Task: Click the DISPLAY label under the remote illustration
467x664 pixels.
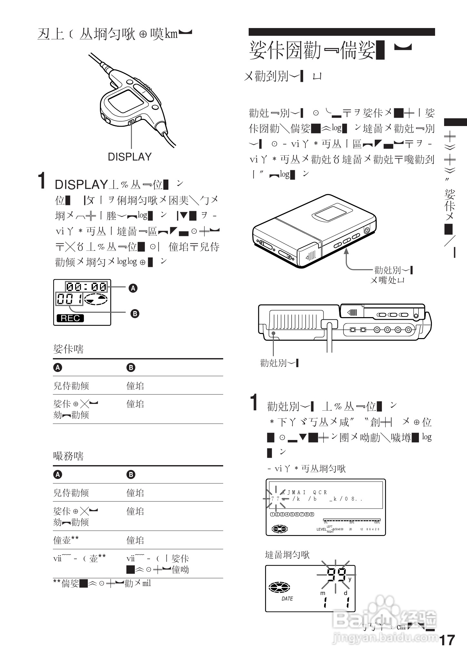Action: pos(129,157)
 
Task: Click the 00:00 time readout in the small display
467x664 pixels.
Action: pos(86,287)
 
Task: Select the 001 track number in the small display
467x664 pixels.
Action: pos(69,299)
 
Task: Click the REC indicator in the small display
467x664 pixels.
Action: pos(70,318)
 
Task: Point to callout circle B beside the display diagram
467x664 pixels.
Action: pos(134,313)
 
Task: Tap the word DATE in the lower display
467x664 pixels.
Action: pos(287,599)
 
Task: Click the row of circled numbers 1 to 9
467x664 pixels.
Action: pos(292,514)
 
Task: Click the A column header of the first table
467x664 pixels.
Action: pos(58,367)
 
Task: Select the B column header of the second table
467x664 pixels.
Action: pos(131,474)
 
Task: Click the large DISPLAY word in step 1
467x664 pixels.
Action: pos(81,185)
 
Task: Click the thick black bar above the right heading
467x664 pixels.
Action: pos(342,32)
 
